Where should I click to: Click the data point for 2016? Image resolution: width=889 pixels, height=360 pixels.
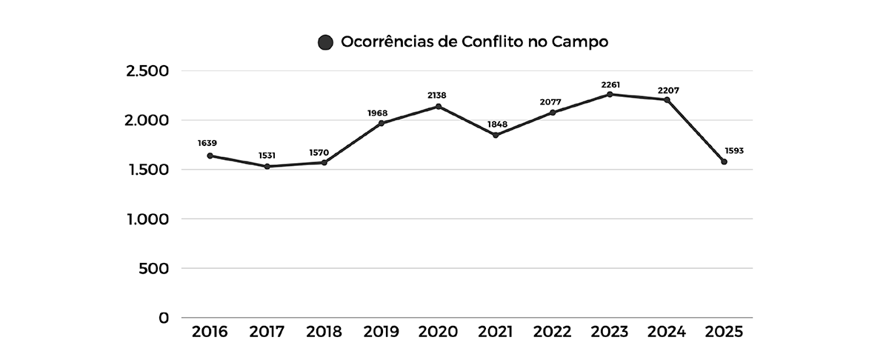210,156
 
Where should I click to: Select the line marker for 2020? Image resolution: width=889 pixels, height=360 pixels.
439,107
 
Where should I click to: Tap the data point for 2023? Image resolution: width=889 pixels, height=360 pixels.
610,94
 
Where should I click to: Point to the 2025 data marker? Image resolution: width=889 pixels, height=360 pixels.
724,161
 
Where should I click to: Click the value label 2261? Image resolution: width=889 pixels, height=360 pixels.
610,84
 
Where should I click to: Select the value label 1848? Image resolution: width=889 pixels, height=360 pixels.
496,124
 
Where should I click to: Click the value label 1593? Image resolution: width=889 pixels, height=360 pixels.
733,150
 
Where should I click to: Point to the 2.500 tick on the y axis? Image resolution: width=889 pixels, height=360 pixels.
147,71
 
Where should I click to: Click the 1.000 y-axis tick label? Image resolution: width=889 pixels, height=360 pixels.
147,219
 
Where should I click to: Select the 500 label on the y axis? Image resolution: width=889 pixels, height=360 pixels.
153,268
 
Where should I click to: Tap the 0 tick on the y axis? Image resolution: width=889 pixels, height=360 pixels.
164,318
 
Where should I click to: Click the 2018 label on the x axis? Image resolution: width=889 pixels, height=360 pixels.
324,332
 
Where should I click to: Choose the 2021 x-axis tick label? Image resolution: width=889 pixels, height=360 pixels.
495,332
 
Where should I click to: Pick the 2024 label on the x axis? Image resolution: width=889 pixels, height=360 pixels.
667,332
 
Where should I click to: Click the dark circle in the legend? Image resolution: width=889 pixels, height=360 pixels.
325,42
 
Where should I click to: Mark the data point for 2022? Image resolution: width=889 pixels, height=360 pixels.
553,113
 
